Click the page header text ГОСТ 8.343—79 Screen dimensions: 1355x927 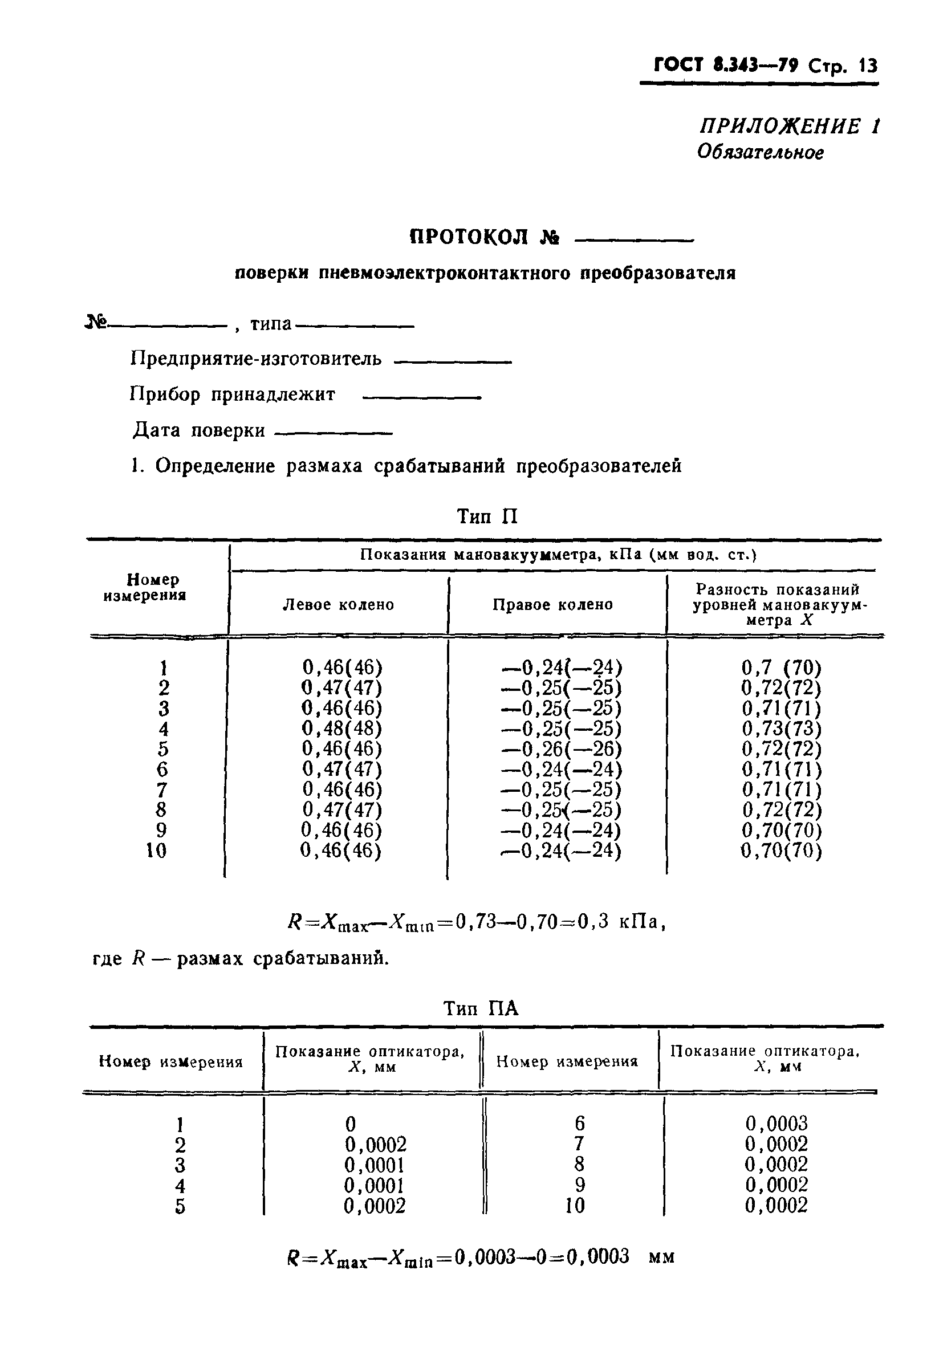tap(725, 65)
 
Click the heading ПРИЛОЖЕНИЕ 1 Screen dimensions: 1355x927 tap(790, 127)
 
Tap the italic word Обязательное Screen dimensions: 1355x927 tap(761, 152)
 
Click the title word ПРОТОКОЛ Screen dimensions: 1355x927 tap(470, 237)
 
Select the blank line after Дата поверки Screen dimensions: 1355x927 tap(333, 433)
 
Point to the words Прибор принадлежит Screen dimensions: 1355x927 tap(232, 394)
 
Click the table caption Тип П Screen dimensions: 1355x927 tap(487, 516)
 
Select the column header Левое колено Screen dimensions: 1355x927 tap(338, 605)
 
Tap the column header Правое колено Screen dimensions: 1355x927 tap(552, 605)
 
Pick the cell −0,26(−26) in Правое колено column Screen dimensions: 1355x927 tap(562, 748)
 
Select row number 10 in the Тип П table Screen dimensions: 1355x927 tap(156, 851)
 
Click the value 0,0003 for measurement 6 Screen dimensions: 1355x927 tap(776, 1123)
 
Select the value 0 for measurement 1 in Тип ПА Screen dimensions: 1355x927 tap(351, 1123)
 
